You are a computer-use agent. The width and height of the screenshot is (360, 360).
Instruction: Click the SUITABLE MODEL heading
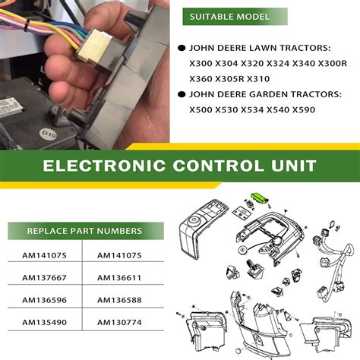(229, 16)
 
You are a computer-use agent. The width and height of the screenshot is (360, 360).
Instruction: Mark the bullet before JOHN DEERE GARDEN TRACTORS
(181, 95)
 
